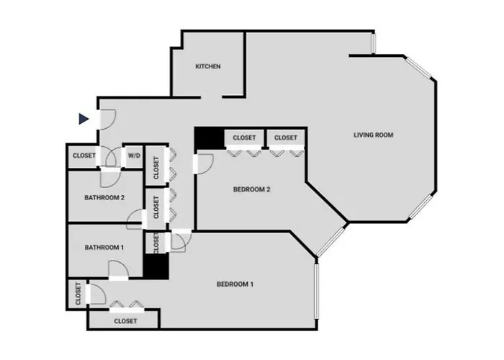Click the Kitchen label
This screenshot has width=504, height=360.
(x=208, y=66)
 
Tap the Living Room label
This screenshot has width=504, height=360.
(x=374, y=135)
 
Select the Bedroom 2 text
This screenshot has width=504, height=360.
(x=252, y=189)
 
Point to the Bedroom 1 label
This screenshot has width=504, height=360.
(x=235, y=284)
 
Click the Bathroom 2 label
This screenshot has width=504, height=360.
(x=104, y=198)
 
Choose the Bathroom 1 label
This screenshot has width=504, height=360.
(x=104, y=248)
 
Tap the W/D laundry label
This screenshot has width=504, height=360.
(x=134, y=156)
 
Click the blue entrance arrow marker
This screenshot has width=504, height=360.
(x=84, y=119)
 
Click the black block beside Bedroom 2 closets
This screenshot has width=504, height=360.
(x=210, y=138)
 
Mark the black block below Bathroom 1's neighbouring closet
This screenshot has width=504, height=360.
(x=156, y=266)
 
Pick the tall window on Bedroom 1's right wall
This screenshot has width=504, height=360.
(x=317, y=291)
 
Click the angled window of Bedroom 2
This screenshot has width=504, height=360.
(x=330, y=242)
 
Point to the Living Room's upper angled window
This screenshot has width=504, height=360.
(x=418, y=68)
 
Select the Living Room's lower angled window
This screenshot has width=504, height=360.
(x=420, y=208)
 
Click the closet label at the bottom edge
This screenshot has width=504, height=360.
(x=125, y=321)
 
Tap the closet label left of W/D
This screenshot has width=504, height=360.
(x=84, y=156)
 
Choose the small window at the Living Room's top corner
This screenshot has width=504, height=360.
(x=374, y=43)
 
